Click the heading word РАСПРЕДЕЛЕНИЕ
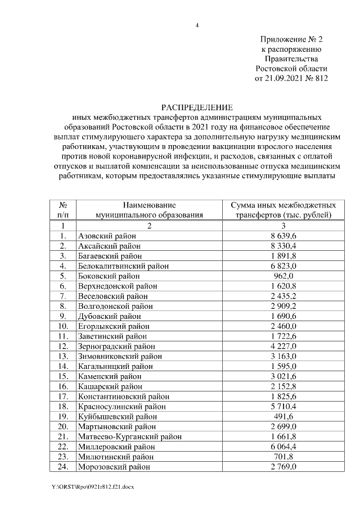click(x=196, y=107)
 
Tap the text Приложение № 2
click(x=291, y=39)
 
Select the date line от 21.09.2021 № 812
click(x=291, y=78)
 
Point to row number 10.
click(x=64, y=326)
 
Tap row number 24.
click(x=64, y=467)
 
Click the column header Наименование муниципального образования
click(x=149, y=210)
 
